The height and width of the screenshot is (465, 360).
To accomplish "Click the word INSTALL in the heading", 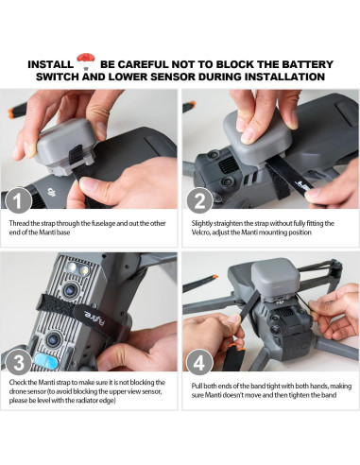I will pos(50,64).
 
